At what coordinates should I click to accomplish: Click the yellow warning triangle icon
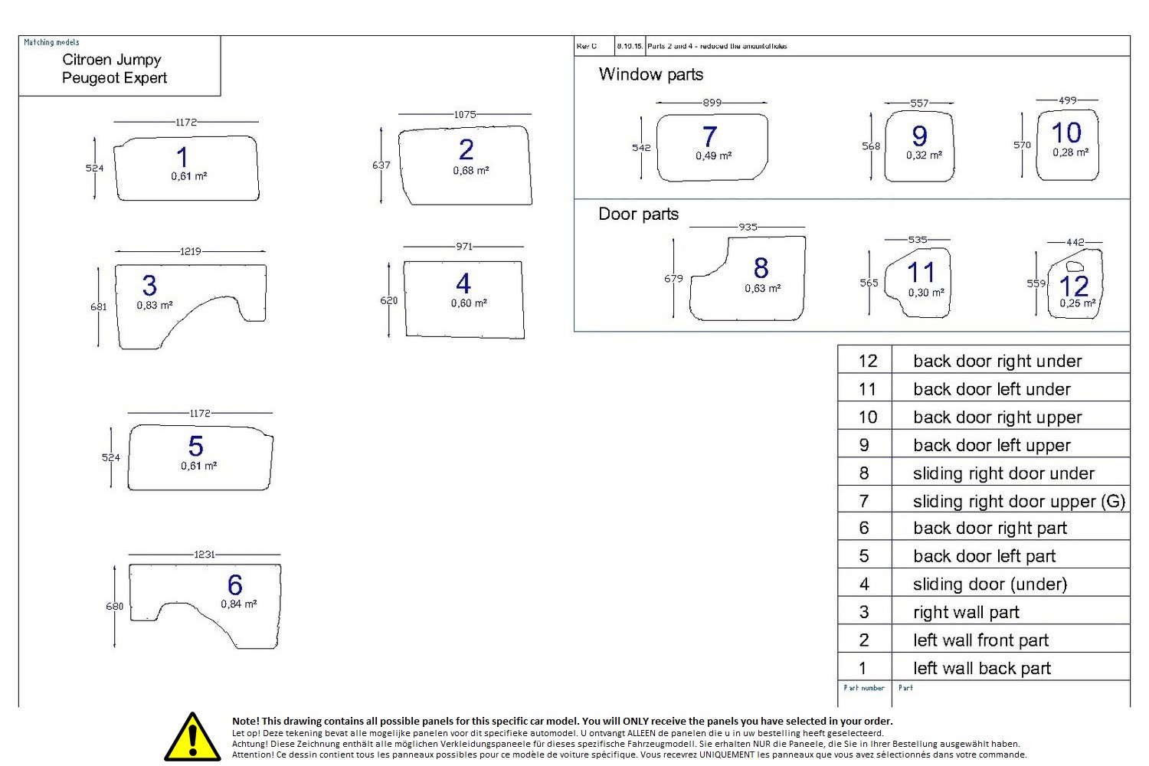pyautogui.click(x=192, y=738)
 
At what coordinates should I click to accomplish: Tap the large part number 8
pyautogui.click(x=761, y=268)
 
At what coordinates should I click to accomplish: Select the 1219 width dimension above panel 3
pyautogui.click(x=191, y=251)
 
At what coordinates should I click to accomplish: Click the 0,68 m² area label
pyautogui.click(x=470, y=171)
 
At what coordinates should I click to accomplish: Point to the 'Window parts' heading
pyautogui.click(x=650, y=74)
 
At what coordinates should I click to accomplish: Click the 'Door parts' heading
pyautogui.click(x=638, y=214)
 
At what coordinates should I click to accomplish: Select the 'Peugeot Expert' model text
pyautogui.click(x=114, y=78)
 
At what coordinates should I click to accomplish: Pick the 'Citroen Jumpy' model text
pyautogui.click(x=111, y=60)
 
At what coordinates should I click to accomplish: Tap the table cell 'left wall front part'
pyautogui.click(x=980, y=640)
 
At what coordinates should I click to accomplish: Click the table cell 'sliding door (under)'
pyautogui.click(x=990, y=584)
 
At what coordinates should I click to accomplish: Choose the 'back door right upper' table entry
pyautogui.click(x=997, y=417)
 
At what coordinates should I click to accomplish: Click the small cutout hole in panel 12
pyautogui.click(x=1075, y=267)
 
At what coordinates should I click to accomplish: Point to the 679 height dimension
pyautogui.click(x=673, y=278)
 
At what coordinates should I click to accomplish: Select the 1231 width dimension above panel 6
pyautogui.click(x=205, y=554)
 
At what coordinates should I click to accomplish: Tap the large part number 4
pyautogui.click(x=463, y=284)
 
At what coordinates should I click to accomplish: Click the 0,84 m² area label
pyautogui.click(x=239, y=604)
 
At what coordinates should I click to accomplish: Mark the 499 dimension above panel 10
pyautogui.click(x=1067, y=100)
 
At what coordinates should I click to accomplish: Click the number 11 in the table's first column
pyautogui.click(x=866, y=389)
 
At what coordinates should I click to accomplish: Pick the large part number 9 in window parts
pyautogui.click(x=919, y=136)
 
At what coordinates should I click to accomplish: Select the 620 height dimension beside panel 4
pyautogui.click(x=389, y=300)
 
